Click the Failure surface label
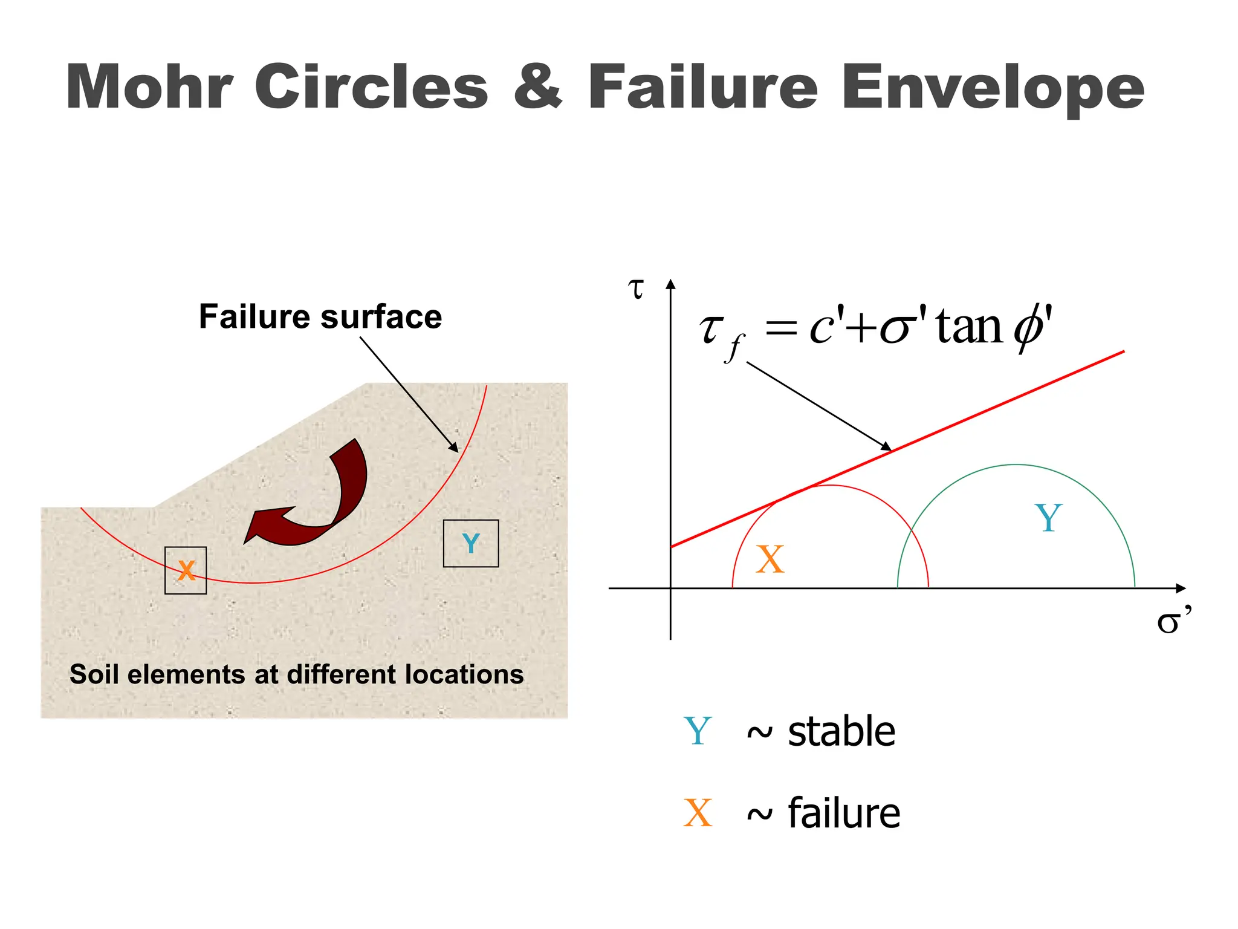click(x=320, y=316)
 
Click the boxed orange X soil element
click(x=186, y=570)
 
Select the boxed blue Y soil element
click(x=471, y=543)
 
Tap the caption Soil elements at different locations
click(x=296, y=674)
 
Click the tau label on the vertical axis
click(x=636, y=289)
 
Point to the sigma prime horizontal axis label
click(x=1173, y=621)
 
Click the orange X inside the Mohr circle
click(x=770, y=559)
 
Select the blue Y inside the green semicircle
click(x=1048, y=518)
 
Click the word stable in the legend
click(x=841, y=731)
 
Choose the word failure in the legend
click(x=844, y=813)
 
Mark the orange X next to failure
click(x=698, y=813)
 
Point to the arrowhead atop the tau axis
click(x=670, y=284)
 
